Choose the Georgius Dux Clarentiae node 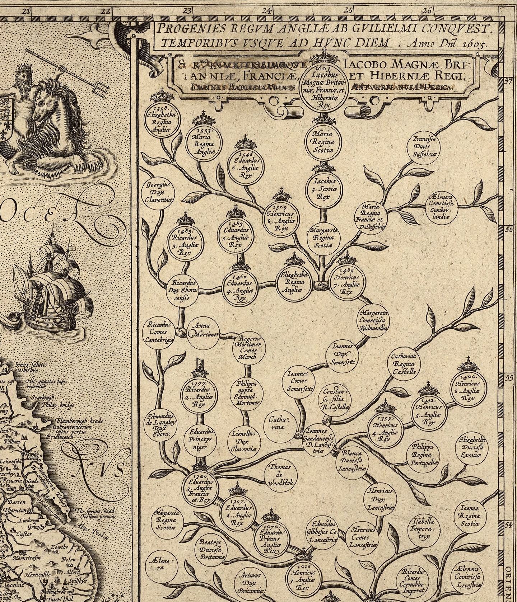(x=159, y=193)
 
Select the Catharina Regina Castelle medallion (x=404, y=364)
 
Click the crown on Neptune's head (x=24, y=67)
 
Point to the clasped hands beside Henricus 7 (x=321, y=286)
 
